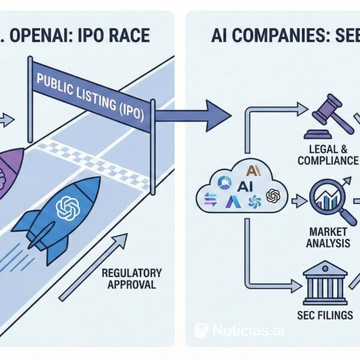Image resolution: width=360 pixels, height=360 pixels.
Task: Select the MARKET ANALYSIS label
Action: coord(328,237)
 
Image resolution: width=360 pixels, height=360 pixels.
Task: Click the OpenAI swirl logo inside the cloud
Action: coord(272,196)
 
